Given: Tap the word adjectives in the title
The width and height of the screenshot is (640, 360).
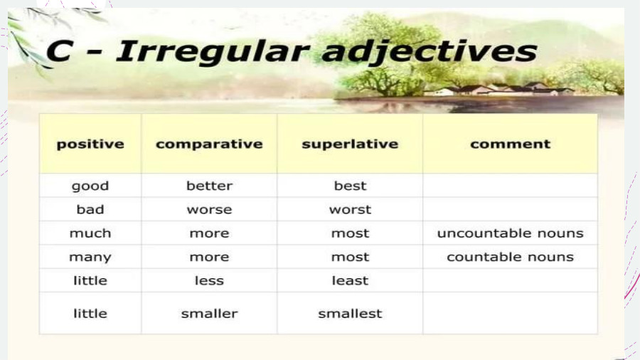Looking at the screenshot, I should pos(427,53).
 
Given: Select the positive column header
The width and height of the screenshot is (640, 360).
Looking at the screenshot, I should pos(90,144).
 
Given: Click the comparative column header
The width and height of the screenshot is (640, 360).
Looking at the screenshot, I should pos(209,144).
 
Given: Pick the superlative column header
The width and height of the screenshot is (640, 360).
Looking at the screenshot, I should pos(350,144).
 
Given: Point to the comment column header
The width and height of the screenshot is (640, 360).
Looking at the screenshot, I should pos(510,144).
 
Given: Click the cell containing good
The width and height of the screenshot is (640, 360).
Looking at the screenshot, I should pos(90,186).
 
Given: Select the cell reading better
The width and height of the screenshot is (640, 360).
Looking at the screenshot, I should pos(209,186).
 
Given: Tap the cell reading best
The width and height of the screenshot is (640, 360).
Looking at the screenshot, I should pos(350,186).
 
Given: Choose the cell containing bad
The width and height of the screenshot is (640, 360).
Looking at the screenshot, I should pos(90,209).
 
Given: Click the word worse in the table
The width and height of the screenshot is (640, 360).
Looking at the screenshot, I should pos(209,209).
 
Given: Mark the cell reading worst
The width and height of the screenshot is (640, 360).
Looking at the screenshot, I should pos(350,209).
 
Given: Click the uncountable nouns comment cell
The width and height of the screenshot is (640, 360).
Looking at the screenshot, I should pos(510,233).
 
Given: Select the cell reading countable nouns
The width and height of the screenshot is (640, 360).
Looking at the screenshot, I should pos(510,257).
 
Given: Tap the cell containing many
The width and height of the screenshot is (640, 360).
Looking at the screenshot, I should pos(90,257).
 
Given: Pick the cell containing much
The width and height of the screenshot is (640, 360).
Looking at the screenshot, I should pos(90,233).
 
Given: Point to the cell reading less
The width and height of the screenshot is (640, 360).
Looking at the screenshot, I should pos(209,280).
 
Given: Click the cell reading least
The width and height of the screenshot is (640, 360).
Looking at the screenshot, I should pos(350,280).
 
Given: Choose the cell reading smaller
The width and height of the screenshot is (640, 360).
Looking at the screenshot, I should pos(209,313).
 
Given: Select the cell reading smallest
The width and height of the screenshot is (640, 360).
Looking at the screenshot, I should pos(350,313).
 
